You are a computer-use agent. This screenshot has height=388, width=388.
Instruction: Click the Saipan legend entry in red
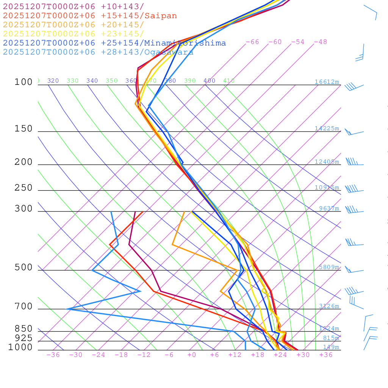(x=90, y=16)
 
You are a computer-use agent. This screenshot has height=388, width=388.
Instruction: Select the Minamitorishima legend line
(x=114, y=43)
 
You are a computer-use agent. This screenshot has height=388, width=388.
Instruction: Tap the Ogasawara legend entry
(x=98, y=52)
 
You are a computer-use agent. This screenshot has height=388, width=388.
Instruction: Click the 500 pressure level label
(x=24, y=268)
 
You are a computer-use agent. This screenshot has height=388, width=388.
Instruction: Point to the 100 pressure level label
(x=24, y=82)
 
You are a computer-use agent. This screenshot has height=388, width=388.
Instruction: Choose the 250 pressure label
(x=24, y=188)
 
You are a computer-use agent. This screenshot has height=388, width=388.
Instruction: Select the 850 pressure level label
(x=24, y=329)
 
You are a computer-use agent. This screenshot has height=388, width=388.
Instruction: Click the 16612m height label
(x=327, y=82)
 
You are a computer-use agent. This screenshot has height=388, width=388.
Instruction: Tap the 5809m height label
(x=329, y=267)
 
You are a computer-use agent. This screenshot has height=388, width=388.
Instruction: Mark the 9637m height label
(x=329, y=208)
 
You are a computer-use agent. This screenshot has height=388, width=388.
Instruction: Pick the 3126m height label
(x=329, y=306)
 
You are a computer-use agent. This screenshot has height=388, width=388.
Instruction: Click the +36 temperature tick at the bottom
(x=326, y=355)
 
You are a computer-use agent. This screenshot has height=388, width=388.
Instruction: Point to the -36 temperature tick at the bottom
(x=53, y=355)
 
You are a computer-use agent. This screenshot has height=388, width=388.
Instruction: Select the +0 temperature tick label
(x=191, y=355)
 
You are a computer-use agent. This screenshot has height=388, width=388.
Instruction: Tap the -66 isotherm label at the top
(x=252, y=42)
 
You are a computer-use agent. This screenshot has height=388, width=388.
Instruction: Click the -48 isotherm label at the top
(x=320, y=42)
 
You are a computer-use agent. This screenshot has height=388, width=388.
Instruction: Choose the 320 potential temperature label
(x=53, y=81)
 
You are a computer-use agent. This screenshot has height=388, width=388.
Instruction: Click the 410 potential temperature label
(x=229, y=81)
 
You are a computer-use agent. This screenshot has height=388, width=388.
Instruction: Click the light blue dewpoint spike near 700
(x=67, y=309)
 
